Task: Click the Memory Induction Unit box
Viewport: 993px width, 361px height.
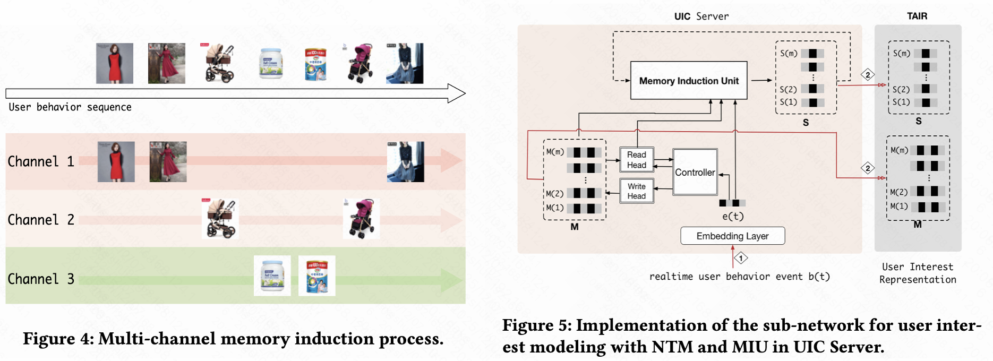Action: tap(688, 81)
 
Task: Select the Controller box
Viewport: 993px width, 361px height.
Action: tap(695, 173)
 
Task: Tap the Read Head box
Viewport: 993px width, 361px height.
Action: tap(637, 160)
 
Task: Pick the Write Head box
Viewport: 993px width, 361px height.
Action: tap(637, 191)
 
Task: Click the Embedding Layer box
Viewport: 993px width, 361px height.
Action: tap(732, 236)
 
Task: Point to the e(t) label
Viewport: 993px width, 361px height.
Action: tap(733, 217)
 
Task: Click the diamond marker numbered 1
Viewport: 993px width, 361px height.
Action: tap(741, 258)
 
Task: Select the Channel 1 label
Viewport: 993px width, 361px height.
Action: tap(41, 161)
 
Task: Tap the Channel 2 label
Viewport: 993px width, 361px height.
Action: tap(41, 220)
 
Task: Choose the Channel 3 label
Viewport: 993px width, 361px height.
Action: tap(41, 279)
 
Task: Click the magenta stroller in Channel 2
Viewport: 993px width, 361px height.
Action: tap(361, 219)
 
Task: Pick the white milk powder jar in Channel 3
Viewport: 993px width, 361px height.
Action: tap(272, 276)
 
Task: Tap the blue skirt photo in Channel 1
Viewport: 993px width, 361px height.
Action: tap(406, 162)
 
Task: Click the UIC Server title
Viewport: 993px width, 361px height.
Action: tap(701, 16)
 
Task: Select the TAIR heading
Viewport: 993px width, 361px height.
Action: tap(917, 16)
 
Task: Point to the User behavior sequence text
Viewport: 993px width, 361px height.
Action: tap(70, 107)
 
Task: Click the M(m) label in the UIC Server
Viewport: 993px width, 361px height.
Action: tap(555, 152)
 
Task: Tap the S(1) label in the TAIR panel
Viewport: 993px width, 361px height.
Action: tap(901, 102)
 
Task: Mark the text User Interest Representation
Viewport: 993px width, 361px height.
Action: tap(918, 273)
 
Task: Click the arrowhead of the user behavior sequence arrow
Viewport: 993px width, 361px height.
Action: tap(457, 93)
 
